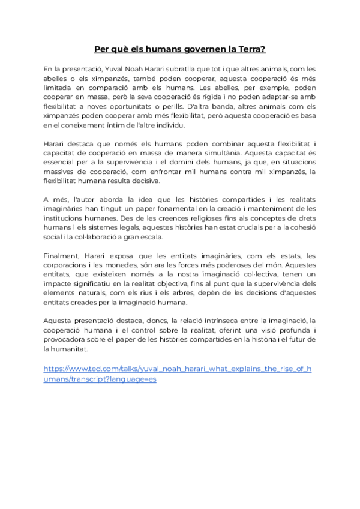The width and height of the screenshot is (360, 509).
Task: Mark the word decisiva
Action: click(x=142, y=181)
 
